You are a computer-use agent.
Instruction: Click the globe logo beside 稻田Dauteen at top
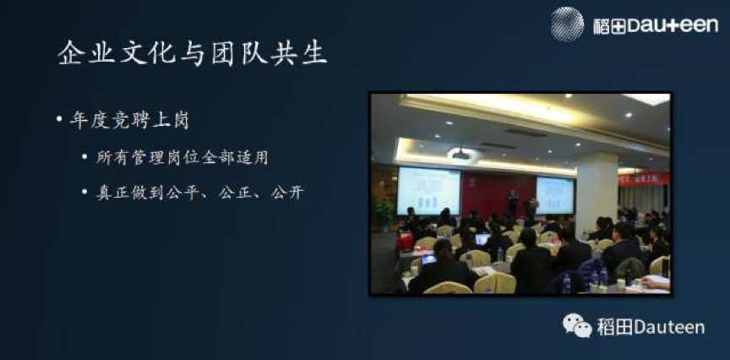coord(567,24)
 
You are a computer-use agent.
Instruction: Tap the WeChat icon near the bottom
coord(577,325)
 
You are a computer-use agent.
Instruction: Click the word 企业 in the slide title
coord(86,52)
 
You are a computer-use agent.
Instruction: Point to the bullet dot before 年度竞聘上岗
coord(59,119)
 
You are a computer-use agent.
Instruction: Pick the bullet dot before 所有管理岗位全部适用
coord(84,157)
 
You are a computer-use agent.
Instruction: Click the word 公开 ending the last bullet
coord(288,193)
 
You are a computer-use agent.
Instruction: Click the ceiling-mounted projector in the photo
coord(461,154)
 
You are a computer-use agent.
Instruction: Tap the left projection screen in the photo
coord(428,191)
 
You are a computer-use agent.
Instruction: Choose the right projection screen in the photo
coord(554,195)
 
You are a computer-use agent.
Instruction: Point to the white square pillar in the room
coord(597,192)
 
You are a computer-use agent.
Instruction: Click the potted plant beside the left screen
coord(384,215)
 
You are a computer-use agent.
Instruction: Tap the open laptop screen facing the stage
coord(482,239)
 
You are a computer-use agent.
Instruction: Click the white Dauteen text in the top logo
coord(673,25)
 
